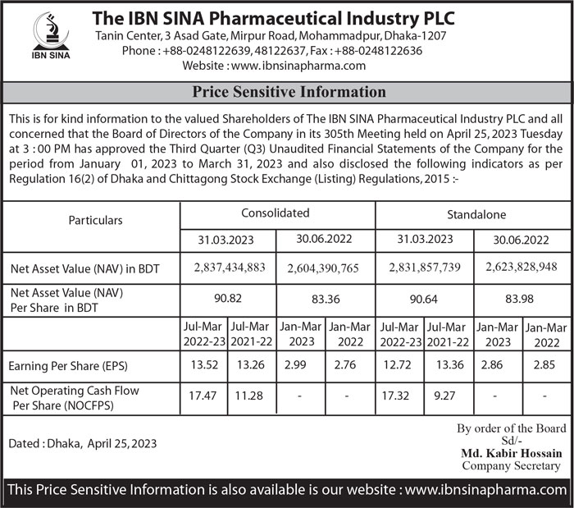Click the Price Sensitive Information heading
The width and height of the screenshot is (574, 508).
(x=288, y=92)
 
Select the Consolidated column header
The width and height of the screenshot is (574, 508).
(x=276, y=213)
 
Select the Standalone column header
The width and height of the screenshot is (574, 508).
(x=476, y=214)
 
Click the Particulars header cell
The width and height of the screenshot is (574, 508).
(x=95, y=221)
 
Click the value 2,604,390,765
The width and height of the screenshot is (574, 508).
(x=323, y=268)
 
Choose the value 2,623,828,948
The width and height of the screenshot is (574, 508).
(x=521, y=268)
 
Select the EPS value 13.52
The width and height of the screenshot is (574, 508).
(x=203, y=365)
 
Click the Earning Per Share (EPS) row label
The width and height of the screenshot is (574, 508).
(x=70, y=366)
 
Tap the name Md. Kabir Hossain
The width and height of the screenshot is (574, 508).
(x=512, y=453)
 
